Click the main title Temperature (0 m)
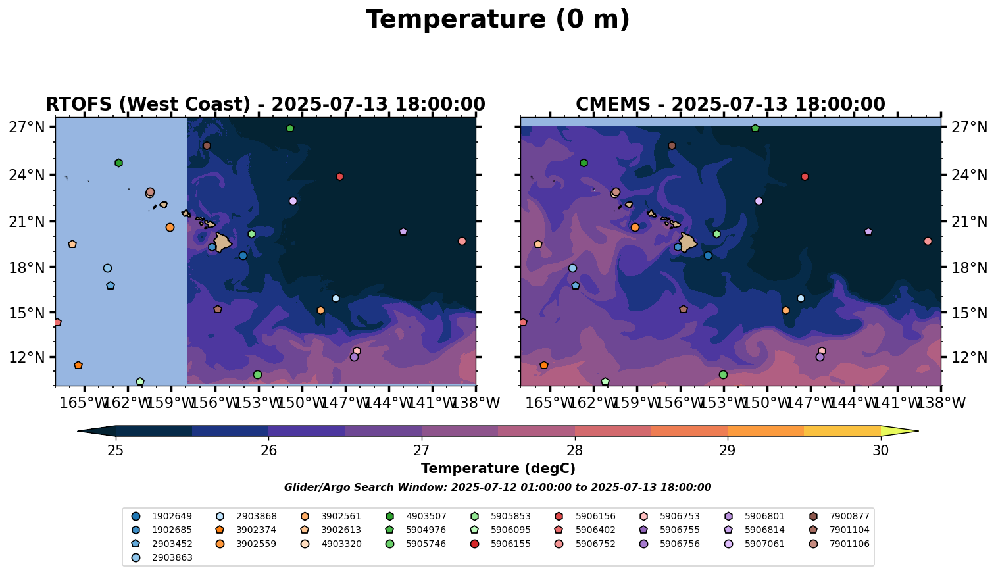(497, 20)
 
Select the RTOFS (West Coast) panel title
(265, 105)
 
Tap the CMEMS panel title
(730, 105)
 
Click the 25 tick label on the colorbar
(116, 451)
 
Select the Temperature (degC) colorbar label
(498, 469)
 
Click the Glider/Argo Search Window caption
(497, 488)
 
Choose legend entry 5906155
(510, 544)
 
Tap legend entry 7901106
(849, 544)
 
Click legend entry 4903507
(426, 517)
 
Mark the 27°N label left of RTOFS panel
(26, 127)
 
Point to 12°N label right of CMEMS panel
(970, 358)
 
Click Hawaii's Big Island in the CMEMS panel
(688, 242)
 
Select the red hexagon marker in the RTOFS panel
(339, 177)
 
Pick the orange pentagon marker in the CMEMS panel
(544, 365)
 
